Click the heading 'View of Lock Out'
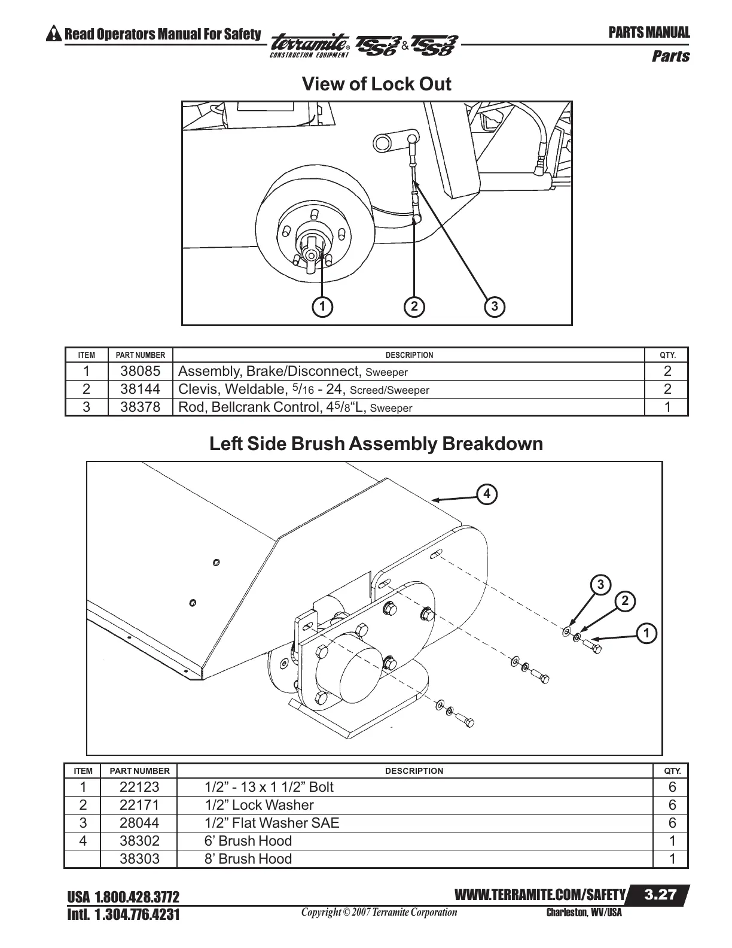click(x=376, y=84)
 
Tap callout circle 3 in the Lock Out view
click(x=495, y=306)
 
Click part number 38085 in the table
click(x=140, y=371)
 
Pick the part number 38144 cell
click(x=140, y=389)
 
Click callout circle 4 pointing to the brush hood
click(x=487, y=494)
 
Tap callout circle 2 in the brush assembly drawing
click(x=624, y=601)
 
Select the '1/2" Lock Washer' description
click(x=259, y=805)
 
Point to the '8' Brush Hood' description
click(x=248, y=859)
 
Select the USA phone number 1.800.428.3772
click(x=123, y=897)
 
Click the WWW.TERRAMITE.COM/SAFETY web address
click(x=540, y=895)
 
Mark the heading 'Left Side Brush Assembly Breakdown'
click(x=376, y=444)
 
